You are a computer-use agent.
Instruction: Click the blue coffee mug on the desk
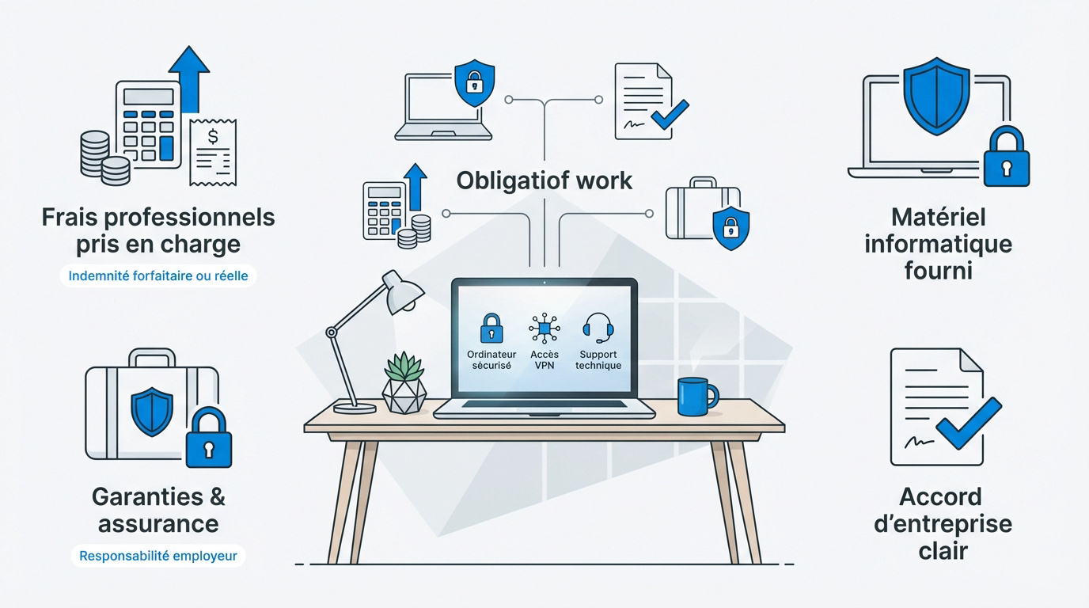pyautogui.click(x=696, y=396)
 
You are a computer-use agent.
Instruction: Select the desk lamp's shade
pyautogui.click(x=403, y=292)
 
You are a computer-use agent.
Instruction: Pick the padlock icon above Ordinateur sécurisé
pyautogui.click(x=491, y=328)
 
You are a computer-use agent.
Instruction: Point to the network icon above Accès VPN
pyautogui.click(x=543, y=328)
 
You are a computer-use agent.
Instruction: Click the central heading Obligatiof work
pyautogui.click(x=544, y=180)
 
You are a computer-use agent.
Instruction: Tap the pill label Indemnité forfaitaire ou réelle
pyautogui.click(x=158, y=276)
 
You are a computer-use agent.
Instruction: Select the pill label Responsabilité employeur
pyautogui.click(x=158, y=556)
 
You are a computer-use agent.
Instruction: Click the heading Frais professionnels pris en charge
pyautogui.click(x=158, y=230)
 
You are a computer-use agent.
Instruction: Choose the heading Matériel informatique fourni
pyautogui.click(x=938, y=243)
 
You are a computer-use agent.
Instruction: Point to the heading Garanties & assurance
pyautogui.click(x=158, y=510)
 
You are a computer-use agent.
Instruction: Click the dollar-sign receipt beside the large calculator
pyautogui.click(x=213, y=151)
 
